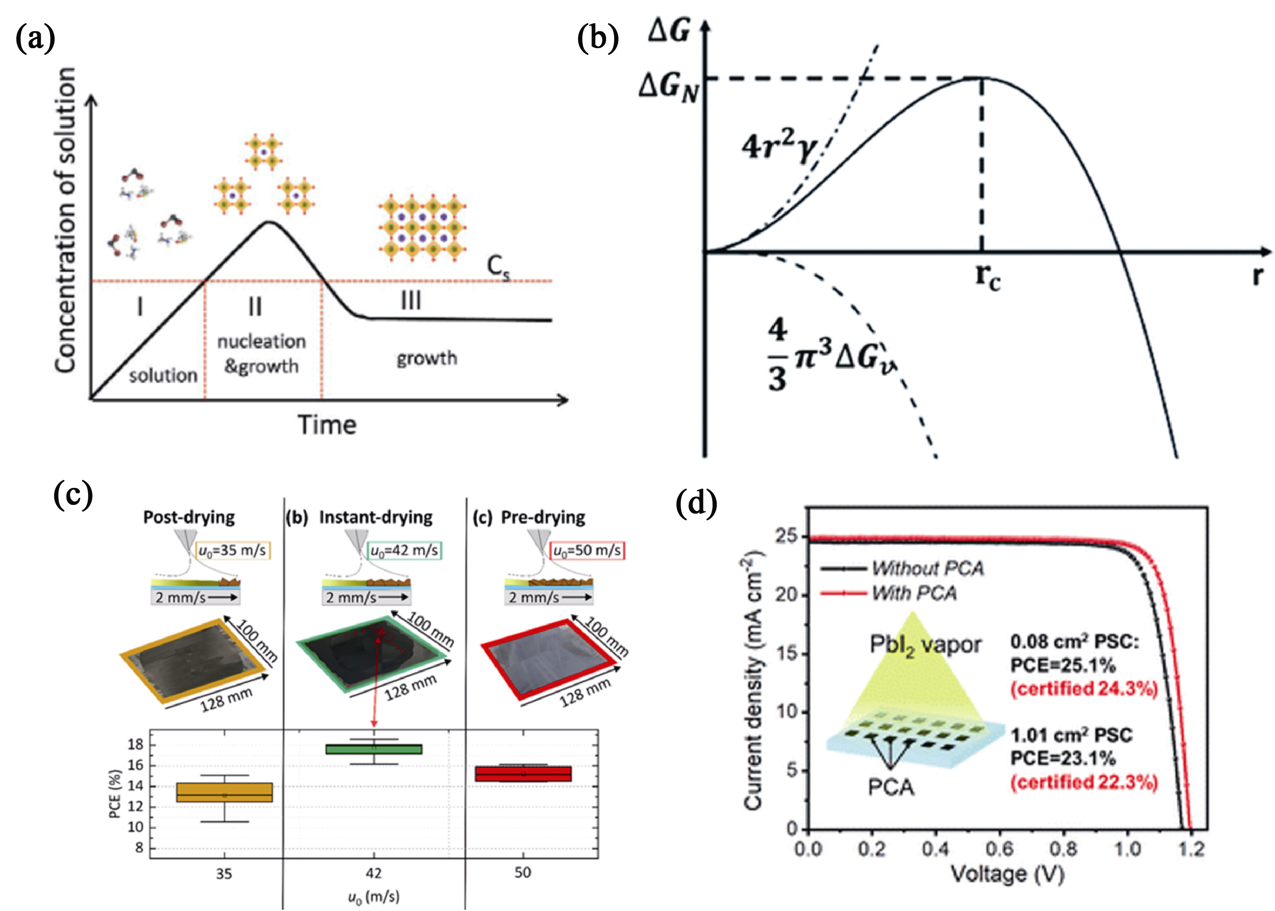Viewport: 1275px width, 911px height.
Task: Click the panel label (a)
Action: point(35,39)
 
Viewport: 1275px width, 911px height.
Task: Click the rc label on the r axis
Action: point(988,277)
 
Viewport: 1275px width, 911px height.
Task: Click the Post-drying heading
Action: point(189,517)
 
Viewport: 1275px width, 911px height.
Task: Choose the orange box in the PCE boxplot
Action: point(224,793)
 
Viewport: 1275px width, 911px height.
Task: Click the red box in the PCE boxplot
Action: point(523,774)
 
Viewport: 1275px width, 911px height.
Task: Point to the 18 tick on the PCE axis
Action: point(135,744)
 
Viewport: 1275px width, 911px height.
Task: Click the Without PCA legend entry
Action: point(902,568)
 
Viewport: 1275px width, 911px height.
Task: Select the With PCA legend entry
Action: point(888,593)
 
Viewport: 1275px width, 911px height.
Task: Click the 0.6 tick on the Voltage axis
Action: point(1000,849)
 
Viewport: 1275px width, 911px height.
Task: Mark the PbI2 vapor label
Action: point(925,646)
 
